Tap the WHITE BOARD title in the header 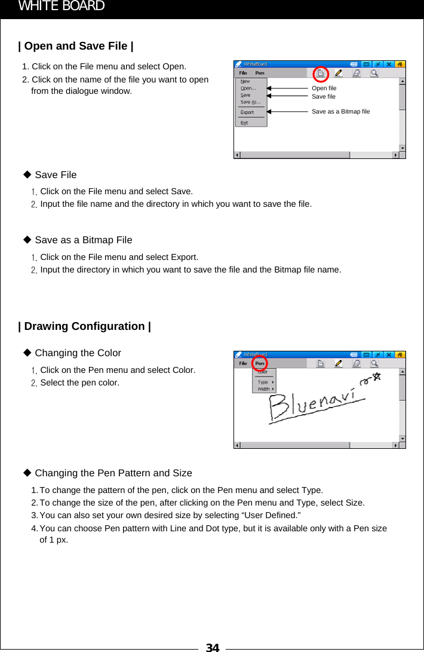point(62,7)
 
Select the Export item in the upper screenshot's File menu point(247,112)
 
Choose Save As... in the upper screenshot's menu point(250,102)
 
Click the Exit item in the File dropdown point(244,123)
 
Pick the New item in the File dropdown point(245,81)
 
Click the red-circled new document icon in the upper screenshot point(321,74)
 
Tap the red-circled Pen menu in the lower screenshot point(260,363)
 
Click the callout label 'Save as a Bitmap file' point(340,111)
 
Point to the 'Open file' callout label point(324,88)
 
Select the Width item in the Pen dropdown point(263,389)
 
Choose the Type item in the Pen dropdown point(263,382)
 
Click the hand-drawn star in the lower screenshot point(376,376)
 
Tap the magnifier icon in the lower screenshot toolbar point(374,363)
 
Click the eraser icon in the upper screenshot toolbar point(357,73)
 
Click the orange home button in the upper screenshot point(400,64)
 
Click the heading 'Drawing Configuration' point(84,326)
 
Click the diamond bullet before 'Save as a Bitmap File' point(26,240)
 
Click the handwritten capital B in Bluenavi point(281,410)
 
